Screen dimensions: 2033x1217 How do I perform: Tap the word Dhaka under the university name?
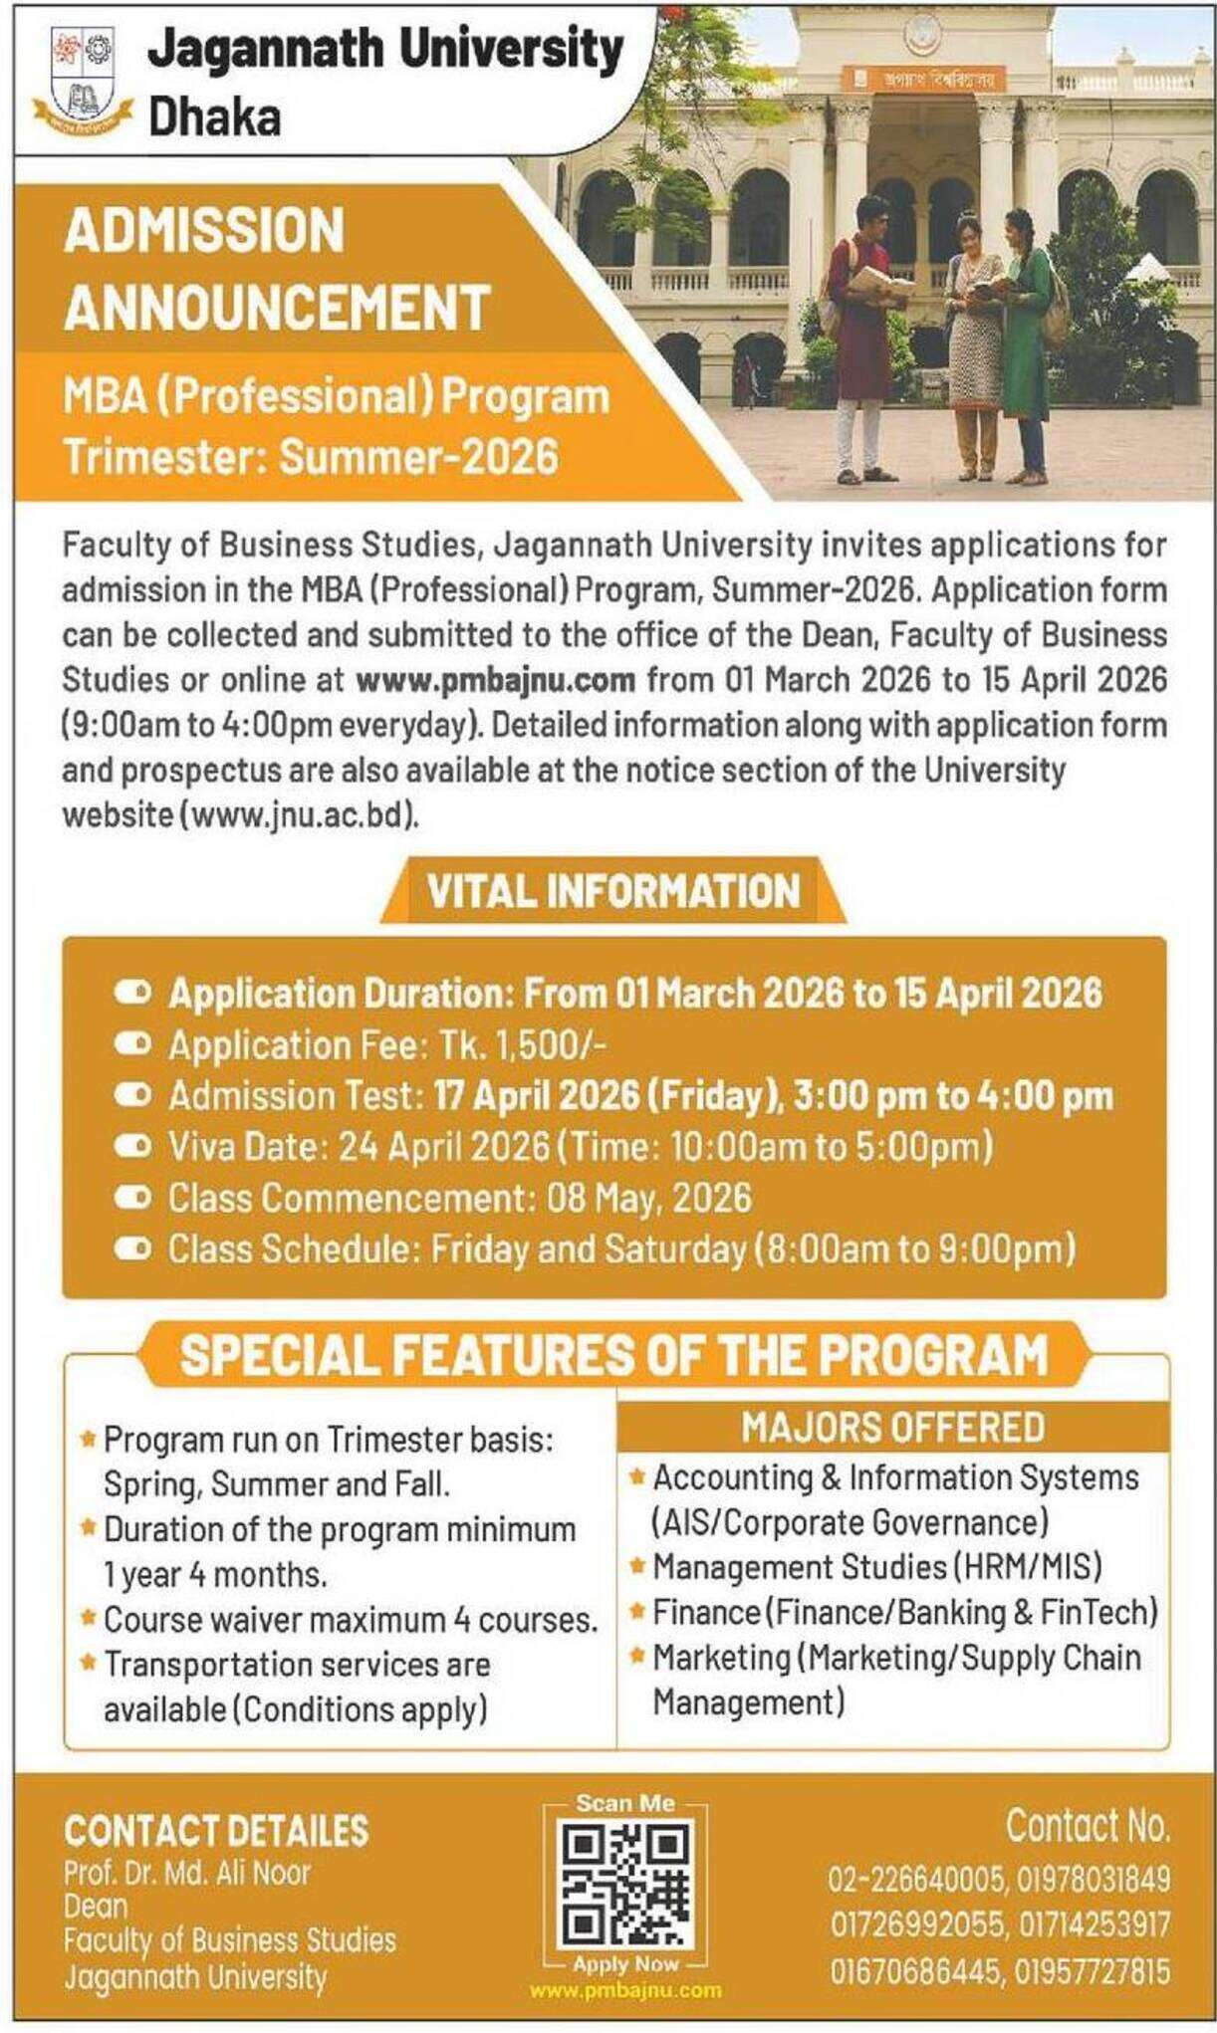click(213, 118)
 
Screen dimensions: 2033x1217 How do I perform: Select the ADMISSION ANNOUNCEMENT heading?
click(277, 268)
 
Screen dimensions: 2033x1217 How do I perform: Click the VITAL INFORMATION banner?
click(612, 890)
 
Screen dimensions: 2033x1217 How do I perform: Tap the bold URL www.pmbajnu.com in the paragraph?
click(496, 680)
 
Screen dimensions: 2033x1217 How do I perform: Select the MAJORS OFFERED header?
click(892, 1427)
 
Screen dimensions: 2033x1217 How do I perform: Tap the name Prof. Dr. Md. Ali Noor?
click(187, 1873)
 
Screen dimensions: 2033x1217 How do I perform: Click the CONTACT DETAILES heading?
click(216, 1830)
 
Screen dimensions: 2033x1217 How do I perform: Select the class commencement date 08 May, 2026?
click(648, 1198)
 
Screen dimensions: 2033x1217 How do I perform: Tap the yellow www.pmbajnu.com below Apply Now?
click(624, 1991)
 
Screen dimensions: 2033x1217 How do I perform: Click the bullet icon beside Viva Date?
click(131, 1147)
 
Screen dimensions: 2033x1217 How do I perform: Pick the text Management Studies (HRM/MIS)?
click(876, 1567)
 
